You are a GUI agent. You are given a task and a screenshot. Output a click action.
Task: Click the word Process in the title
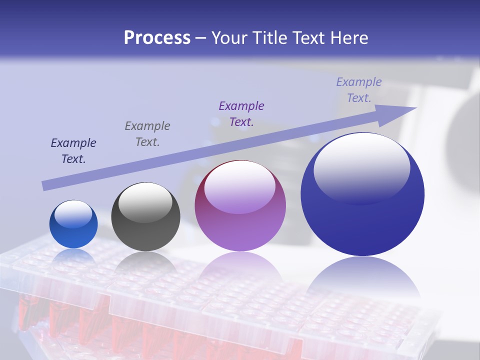point(157,38)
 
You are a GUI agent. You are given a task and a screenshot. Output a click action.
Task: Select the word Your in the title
point(229,38)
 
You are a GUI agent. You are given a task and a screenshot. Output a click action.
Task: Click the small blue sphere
point(73,224)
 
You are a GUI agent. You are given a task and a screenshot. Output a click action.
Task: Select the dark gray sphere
point(145,217)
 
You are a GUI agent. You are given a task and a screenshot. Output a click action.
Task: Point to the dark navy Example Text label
point(73,151)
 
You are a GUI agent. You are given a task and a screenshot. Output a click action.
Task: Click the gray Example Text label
point(147,134)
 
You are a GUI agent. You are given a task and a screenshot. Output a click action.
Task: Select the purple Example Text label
point(241,114)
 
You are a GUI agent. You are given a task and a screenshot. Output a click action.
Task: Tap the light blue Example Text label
point(359,90)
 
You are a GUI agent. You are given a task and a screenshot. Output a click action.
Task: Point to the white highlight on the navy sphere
point(361,167)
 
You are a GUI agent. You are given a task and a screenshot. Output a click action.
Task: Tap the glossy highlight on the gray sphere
point(145,201)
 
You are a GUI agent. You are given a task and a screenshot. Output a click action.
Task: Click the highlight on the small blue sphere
point(73,213)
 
